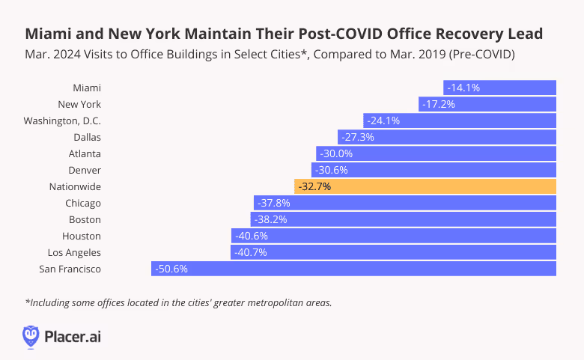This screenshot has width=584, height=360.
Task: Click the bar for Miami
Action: [499, 88]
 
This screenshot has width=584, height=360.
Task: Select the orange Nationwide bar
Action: [425, 186]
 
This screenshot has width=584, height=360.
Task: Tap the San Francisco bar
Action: [353, 269]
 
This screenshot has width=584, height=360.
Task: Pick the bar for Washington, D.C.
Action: [460, 120]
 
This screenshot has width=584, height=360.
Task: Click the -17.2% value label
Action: [439, 104]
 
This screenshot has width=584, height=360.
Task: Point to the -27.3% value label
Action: [357, 137]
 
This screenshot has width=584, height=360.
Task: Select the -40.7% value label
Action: [251, 252]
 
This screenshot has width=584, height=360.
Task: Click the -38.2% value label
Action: [270, 219]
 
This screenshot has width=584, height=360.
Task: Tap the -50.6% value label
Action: [171, 269]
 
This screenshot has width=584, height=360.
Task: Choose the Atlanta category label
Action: [85, 153]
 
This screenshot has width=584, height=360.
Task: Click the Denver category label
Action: [85, 170]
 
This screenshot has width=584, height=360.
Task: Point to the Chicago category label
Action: [83, 203]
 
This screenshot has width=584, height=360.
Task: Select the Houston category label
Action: [82, 236]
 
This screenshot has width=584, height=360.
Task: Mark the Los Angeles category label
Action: [73, 252]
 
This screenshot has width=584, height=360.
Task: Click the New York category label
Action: [79, 104]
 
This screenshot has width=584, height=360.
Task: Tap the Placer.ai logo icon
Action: [31, 335]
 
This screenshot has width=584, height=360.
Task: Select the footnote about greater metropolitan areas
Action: [178, 302]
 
